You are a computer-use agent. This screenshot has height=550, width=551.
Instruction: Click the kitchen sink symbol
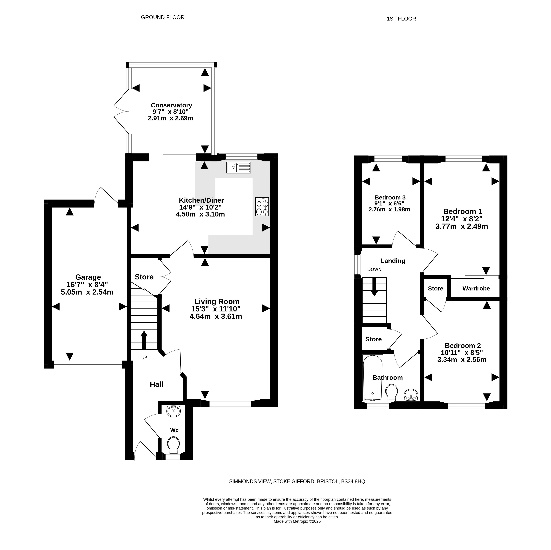click(239, 167)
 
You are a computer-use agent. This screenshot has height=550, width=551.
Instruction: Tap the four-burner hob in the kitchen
click(262, 207)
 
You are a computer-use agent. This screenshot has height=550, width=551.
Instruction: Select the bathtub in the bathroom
click(372, 378)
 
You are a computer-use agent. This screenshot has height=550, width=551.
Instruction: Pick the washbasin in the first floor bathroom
click(411, 395)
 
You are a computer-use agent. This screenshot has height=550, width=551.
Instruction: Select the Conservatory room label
click(171, 105)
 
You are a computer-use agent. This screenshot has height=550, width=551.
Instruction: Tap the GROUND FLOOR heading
click(163, 17)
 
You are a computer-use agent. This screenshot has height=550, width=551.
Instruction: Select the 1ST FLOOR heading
click(401, 19)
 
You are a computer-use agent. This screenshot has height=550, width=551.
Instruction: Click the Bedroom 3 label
click(390, 197)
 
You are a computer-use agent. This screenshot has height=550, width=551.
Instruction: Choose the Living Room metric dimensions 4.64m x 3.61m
click(216, 316)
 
